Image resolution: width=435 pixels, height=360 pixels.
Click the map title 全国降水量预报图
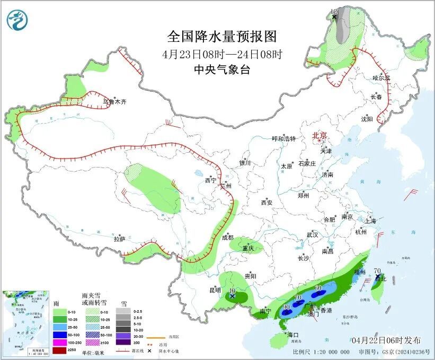point(221,37)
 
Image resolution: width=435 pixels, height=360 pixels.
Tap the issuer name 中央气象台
point(221,69)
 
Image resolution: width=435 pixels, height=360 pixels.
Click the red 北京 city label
point(319,135)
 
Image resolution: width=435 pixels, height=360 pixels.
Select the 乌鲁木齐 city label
point(115,101)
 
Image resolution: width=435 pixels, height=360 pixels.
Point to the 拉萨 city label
point(119,239)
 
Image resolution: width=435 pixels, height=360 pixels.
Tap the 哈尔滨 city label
point(381,78)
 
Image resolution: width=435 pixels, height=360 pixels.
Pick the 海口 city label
point(293,335)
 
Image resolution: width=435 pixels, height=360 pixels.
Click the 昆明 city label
point(215,290)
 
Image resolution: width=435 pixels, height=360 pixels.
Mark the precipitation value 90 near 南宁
point(286,307)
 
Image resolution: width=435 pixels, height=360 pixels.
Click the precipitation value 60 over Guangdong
point(318,288)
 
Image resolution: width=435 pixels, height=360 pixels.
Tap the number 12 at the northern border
point(334,11)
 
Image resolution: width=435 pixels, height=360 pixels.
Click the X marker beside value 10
point(232,297)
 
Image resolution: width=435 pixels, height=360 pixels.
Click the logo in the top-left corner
point(17,20)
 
